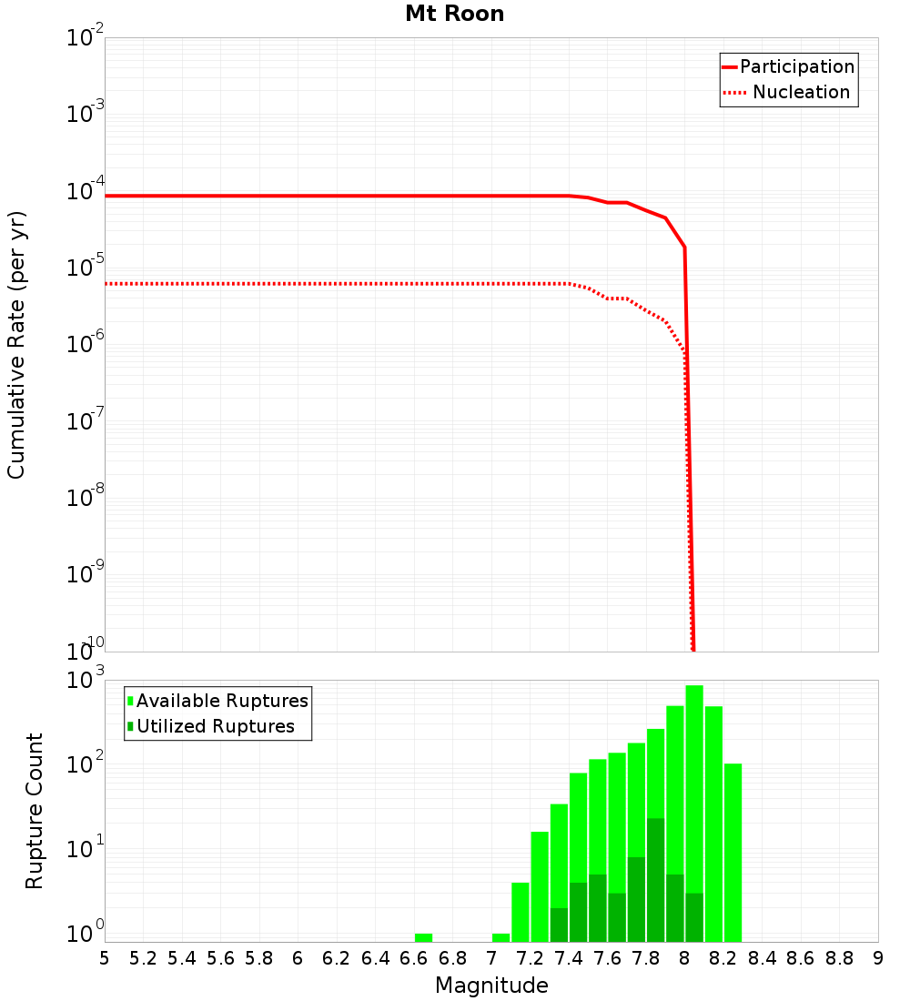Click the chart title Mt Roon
coord(454,14)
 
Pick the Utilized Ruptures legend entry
coord(215,726)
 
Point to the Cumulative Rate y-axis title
coord(16,344)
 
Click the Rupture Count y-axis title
coord(35,810)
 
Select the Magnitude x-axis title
coord(491,986)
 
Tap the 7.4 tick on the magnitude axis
coord(569,958)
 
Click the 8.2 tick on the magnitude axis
coord(723,958)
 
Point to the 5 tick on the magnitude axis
coord(105,958)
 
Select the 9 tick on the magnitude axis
coord(878,958)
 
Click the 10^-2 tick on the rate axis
coord(86,39)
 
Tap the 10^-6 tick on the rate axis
coord(86,345)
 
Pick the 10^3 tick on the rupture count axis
coord(86,681)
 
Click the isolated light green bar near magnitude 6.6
coord(423,937)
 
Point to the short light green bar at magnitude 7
coord(500,937)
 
